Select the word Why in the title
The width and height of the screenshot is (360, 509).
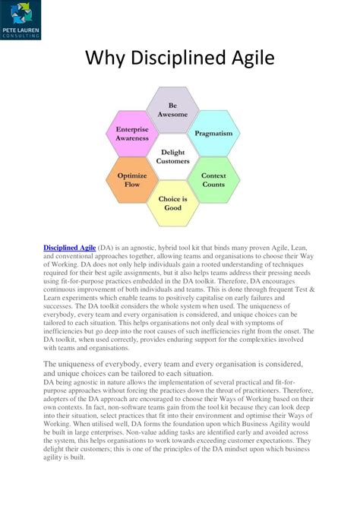[x=104, y=58]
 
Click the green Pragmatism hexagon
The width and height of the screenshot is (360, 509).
[x=213, y=133]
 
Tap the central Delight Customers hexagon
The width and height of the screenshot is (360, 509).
[x=172, y=157]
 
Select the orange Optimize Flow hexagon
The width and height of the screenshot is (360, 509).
[x=132, y=181]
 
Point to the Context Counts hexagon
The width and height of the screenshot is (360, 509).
[x=213, y=181]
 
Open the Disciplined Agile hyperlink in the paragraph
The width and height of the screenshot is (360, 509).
[x=69, y=248]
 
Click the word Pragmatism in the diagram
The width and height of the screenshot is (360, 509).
[x=213, y=133]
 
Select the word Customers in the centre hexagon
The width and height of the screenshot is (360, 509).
[x=172, y=162]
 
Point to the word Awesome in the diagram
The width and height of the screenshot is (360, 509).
[x=172, y=114]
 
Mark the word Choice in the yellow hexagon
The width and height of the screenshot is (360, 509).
[x=168, y=200]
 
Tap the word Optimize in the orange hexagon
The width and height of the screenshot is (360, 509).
[x=132, y=176]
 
